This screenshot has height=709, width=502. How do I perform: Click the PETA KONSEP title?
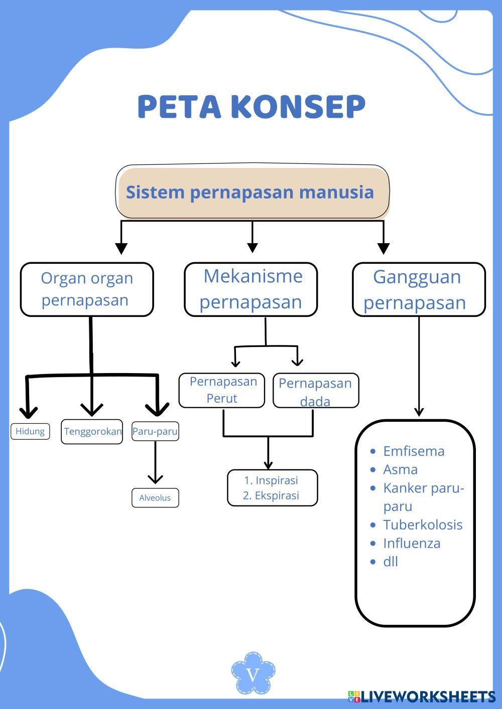(251, 106)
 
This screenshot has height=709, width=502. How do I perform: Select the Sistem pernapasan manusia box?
(253, 192)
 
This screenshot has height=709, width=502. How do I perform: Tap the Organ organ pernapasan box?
(87, 289)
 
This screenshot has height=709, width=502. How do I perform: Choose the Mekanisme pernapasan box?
(251, 289)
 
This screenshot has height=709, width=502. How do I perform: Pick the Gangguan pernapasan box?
(419, 289)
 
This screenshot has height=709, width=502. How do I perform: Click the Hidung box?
(30, 431)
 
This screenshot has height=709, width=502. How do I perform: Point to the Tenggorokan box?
(92, 431)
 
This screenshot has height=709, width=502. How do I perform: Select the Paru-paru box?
(155, 431)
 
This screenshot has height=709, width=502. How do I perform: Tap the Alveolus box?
(155, 498)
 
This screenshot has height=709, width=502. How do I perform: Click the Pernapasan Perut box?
(222, 390)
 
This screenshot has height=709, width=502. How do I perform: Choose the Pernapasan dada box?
(316, 391)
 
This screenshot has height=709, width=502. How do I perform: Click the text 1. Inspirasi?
(271, 480)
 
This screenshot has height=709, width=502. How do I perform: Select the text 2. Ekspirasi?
(271, 496)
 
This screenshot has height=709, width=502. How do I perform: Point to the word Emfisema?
(414, 451)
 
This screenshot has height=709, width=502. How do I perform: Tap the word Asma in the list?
(400, 470)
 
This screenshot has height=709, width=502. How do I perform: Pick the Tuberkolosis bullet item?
(423, 525)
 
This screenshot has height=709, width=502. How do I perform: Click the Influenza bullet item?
(412, 544)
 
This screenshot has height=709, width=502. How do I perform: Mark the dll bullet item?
(391, 562)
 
